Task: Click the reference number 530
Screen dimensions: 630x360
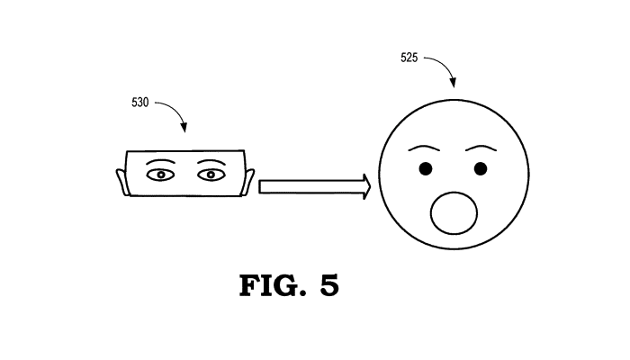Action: pyautogui.click(x=139, y=103)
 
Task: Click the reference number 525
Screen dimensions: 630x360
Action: pyautogui.click(x=409, y=58)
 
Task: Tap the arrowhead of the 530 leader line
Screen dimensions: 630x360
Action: pyautogui.click(x=184, y=128)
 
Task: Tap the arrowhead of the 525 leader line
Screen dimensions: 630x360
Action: pyautogui.click(x=453, y=83)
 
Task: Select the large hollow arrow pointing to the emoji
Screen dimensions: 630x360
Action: pyautogui.click(x=315, y=187)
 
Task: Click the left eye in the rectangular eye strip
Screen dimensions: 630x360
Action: pyautogui.click(x=161, y=175)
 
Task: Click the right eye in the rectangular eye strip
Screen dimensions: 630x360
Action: pyautogui.click(x=211, y=175)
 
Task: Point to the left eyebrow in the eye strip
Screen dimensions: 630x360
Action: pyautogui.click(x=160, y=161)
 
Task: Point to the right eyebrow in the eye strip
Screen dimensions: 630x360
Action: pyautogui.click(x=211, y=161)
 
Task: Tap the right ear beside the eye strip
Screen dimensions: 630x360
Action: pyautogui.click(x=248, y=182)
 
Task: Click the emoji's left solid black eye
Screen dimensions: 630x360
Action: pyautogui.click(x=426, y=169)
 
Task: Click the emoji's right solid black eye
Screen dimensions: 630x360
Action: pyautogui.click(x=481, y=169)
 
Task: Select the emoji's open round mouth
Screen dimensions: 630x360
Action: pyautogui.click(x=454, y=213)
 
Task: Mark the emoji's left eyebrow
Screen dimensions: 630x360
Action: pyautogui.click(x=424, y=148)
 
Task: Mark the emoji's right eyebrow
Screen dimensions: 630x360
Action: pyautogui.click(x=481, y=148)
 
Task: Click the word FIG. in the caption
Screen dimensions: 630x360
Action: pyautogui.click(x=273, y=285)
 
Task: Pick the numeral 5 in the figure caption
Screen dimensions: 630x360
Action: pyautogui.click(x=329, y=285)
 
